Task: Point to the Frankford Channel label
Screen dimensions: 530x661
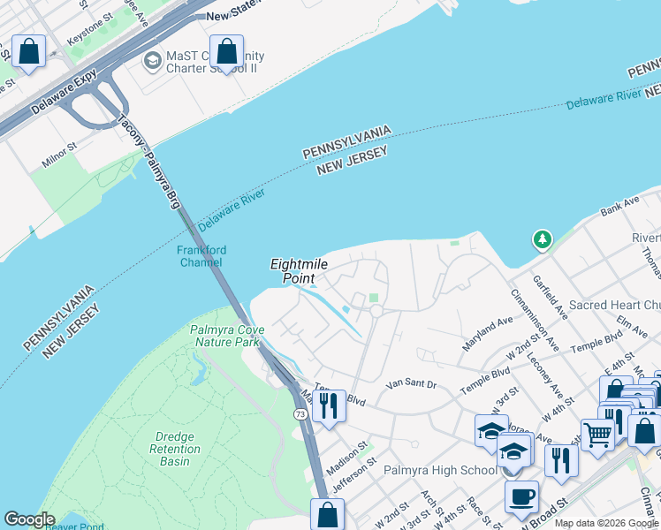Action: coord(201,256)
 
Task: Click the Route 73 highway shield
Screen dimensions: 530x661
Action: coord(300,413)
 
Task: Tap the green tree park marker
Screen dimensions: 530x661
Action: coord(541,239)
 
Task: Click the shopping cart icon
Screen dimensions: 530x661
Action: coord(598,434)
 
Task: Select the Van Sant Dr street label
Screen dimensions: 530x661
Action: coord(413,385)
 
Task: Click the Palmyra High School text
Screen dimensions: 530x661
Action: coord(440,470)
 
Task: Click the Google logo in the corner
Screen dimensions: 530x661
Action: coord(29,519)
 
